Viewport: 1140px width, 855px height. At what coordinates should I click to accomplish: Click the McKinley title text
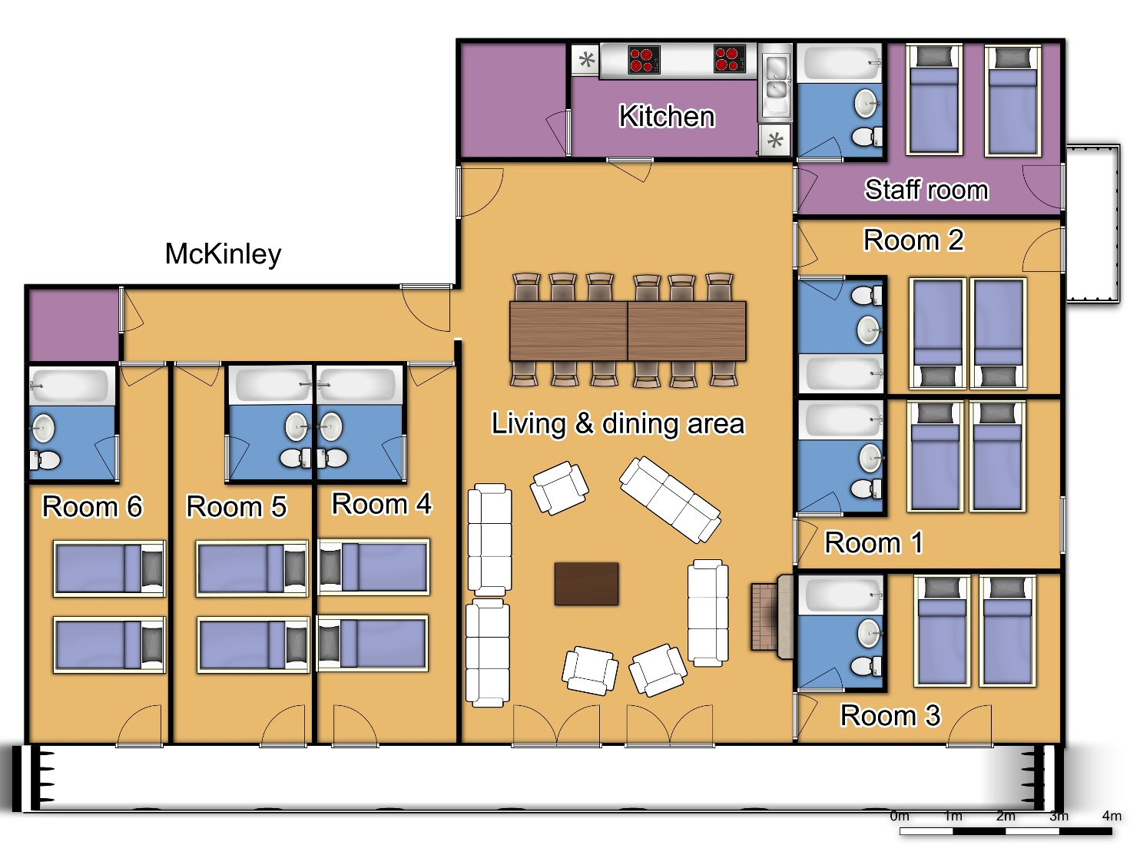(224, 254)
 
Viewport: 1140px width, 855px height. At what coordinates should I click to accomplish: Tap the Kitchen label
(667, 116)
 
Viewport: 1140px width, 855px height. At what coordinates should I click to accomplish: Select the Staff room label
(926, 190)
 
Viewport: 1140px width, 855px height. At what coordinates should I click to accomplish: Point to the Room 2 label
(913, 240)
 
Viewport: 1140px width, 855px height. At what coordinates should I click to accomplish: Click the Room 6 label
(92, 506)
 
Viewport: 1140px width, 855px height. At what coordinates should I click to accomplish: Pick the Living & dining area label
(618, 423)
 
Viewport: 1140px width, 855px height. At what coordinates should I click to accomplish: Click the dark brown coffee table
(586, 584)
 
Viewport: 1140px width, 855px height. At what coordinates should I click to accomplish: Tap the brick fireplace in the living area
(772, 617)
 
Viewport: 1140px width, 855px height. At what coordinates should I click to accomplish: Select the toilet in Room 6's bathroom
(45, 460)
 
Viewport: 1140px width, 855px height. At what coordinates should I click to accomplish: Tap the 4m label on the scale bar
(1112, 817)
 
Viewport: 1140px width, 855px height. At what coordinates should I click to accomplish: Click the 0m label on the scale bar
(900, 817)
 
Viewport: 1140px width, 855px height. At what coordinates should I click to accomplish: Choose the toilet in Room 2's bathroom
(866, 296)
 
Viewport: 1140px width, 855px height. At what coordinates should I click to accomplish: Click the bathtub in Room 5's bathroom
(270, 385)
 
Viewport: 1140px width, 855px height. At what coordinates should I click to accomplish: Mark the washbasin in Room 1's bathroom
(870, 458)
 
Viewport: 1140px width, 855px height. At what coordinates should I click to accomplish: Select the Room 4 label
(382, 504)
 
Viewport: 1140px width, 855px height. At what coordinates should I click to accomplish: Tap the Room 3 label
(890, 716)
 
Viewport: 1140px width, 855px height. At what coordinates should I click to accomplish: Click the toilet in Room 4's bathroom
(331, 458)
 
